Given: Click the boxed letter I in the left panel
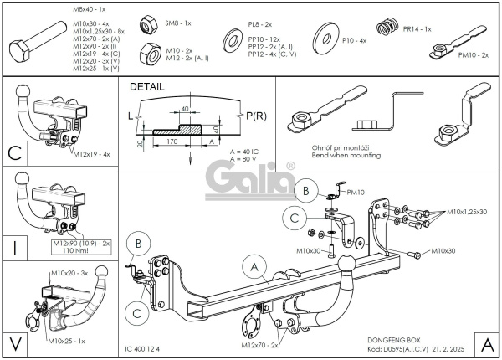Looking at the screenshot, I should [x=15, y=247].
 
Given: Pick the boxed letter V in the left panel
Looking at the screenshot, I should [x=15, y=342].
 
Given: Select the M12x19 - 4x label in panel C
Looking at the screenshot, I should [x=93, y=154].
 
